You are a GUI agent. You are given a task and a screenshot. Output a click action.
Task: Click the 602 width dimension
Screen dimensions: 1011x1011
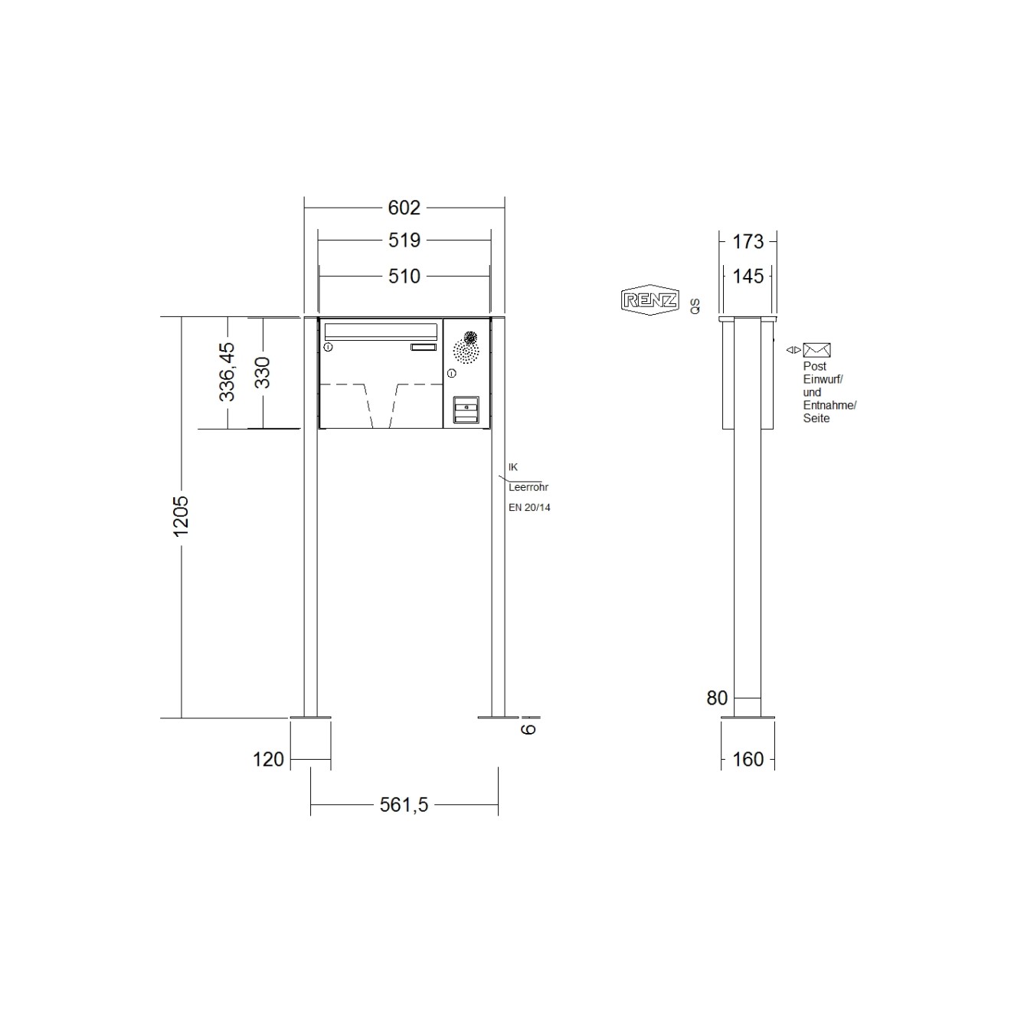[404, 208]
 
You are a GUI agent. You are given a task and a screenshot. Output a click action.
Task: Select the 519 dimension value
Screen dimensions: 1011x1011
[404, 240]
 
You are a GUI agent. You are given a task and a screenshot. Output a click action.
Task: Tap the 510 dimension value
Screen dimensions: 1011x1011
[404, 276]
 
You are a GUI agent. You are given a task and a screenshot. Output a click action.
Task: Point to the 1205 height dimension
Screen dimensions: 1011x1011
[181, 515]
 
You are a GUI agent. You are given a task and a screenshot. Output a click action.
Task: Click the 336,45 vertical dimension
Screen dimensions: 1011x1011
[227, 372]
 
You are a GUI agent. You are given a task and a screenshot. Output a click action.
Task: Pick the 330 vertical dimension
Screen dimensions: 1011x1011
[263, 372]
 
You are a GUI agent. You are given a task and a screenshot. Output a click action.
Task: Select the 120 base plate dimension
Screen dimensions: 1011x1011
[268, 759]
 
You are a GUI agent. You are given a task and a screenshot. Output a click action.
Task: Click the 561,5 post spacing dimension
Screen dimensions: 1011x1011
[404, 804]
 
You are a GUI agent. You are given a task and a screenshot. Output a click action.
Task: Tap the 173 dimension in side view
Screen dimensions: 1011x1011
[748, 242]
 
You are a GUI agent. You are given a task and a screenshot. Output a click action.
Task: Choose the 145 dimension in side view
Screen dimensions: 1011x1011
[748, 276]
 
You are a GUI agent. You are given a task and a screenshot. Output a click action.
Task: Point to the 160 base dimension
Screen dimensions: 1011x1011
[748, 759]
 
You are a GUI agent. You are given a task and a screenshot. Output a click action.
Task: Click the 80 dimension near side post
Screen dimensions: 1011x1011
[717, 698]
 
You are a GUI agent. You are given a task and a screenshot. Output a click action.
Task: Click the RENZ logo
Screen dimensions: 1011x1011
[649, 300]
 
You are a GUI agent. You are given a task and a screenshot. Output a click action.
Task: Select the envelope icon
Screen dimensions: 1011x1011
[816, 350]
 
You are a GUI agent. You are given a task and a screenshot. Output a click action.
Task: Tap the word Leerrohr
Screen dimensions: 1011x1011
[528, 487]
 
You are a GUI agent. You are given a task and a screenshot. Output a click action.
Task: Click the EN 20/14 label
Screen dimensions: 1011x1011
[529, 507]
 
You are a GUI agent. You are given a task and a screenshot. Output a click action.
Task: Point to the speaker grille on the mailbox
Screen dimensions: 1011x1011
[466, 348]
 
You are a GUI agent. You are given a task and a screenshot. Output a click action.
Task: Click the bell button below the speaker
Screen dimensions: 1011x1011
[466, 409]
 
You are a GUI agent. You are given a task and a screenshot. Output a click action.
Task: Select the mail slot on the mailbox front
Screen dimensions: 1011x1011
[381, 331]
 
